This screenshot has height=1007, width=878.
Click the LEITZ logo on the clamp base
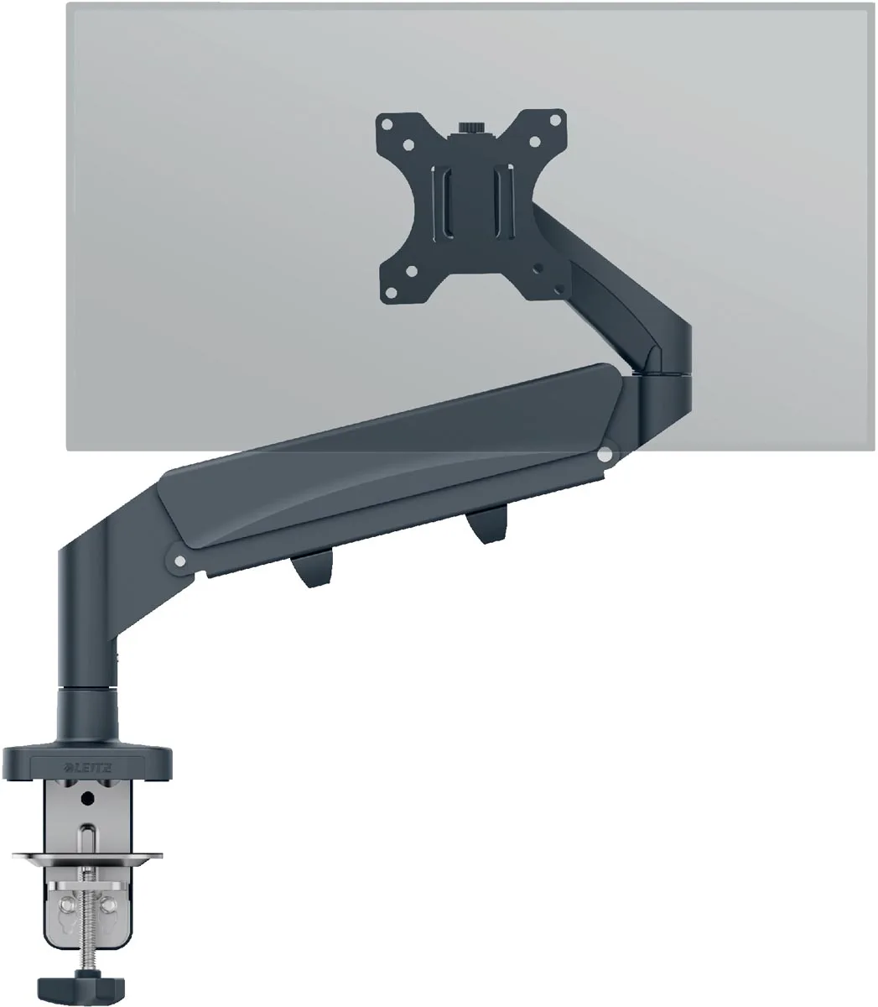[x=89, y=768]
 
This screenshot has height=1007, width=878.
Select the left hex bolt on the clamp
[x=65, y=905]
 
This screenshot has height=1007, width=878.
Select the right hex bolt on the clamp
[x=108, y=904]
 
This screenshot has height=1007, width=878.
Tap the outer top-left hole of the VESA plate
[x=387, y=124]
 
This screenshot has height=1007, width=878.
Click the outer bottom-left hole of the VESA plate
[x=391, y=293]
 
